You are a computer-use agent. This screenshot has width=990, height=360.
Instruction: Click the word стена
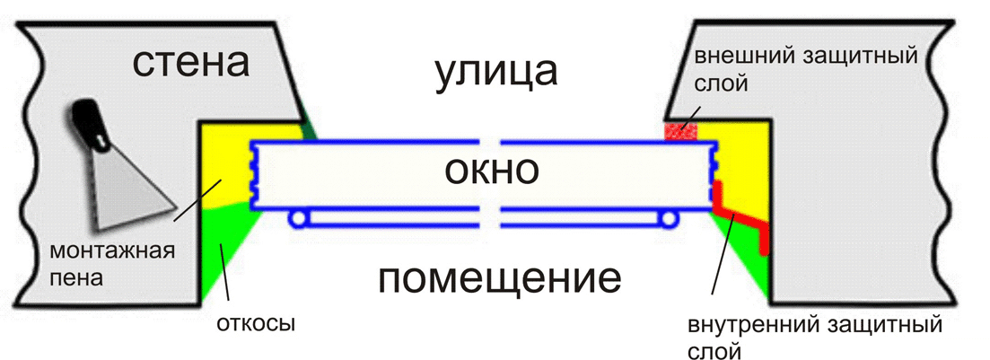190,65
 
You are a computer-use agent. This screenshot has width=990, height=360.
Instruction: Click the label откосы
256,321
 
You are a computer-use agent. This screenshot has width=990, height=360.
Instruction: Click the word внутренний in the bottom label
751,321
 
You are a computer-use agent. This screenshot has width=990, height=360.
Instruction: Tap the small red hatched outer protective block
680,131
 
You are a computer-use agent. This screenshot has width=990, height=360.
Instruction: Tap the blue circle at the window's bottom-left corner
297,217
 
